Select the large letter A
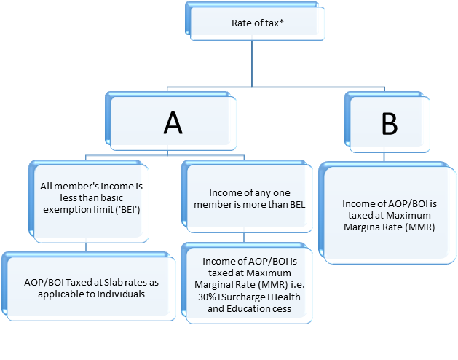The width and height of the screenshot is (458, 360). [173, 123]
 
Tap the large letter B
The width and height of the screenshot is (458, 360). [390, 124]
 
